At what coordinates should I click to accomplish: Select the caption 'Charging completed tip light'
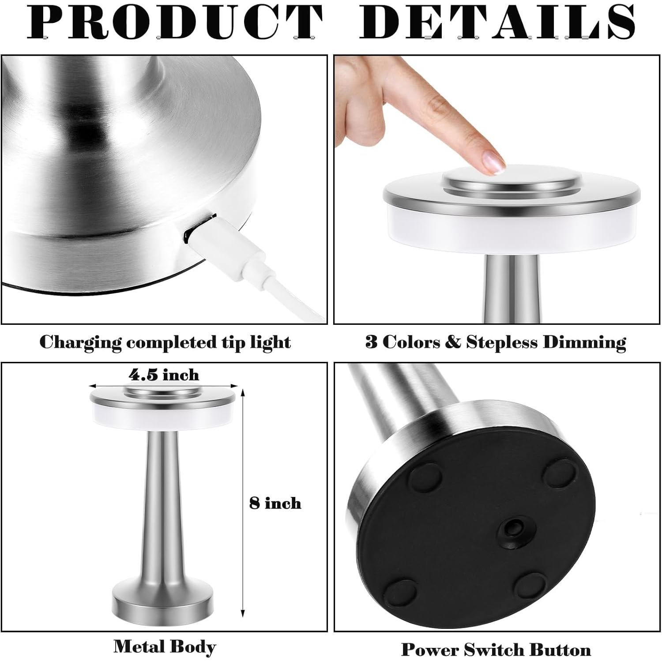click(x=165, y=342)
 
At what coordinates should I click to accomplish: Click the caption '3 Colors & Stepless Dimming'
click(x=496, y=342)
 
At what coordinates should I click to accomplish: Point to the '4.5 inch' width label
click(x=164, y=375)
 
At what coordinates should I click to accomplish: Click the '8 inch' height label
click(x=275, y=503)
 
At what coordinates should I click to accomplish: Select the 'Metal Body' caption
click(x=165, y=647)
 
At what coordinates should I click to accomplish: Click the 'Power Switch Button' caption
click(x=496, y=650)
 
